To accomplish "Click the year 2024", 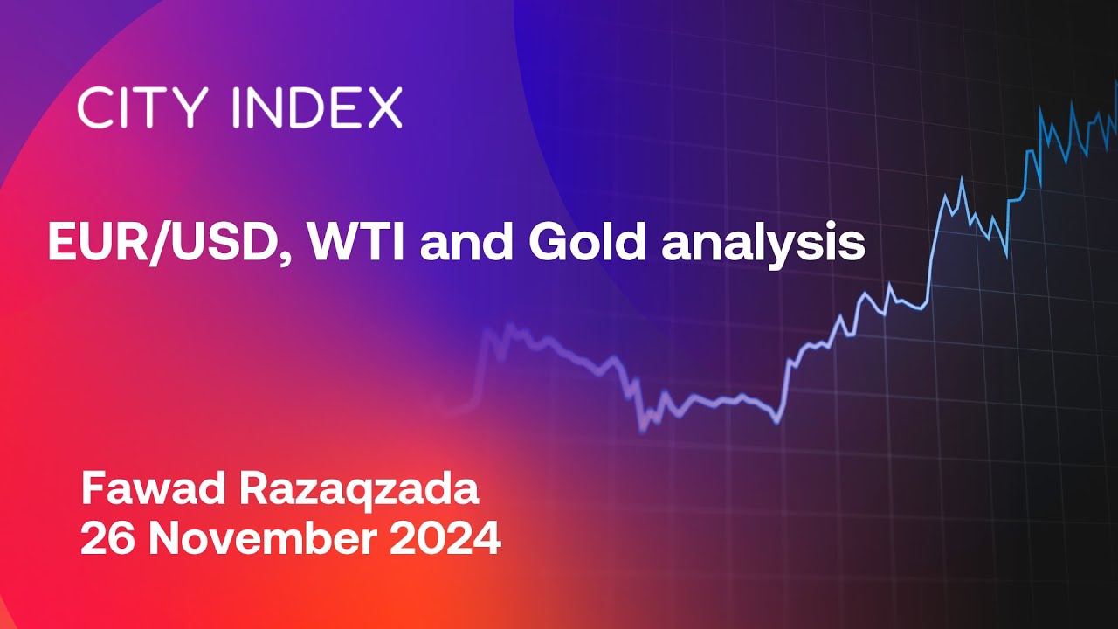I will [445, 540].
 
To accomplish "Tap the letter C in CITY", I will [93, 107].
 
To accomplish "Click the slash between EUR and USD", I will [162, 245].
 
